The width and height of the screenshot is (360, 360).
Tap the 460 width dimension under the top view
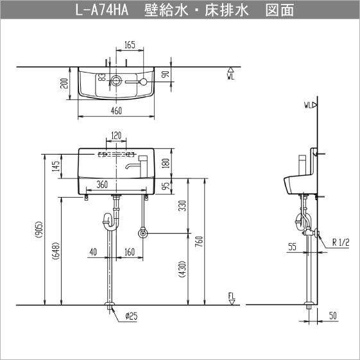[x=116, y=111]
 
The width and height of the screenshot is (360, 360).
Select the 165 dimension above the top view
[x=130, y=44]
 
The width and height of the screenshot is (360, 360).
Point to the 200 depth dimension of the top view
[x=65, y=83]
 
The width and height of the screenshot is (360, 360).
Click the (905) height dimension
[x=39, y=236]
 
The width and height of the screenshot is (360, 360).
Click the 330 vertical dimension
[x=182, y=206]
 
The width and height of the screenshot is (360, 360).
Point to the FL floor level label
[x=231, y=296]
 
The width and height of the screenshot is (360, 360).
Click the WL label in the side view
[x=309, y=103]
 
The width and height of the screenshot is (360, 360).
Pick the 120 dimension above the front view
[x=116, y=136]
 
